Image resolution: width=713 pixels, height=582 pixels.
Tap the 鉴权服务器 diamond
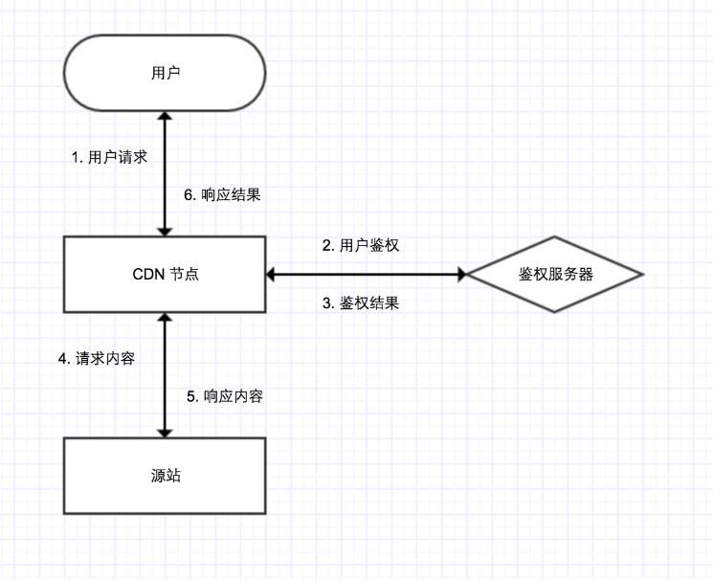tap(553, 275)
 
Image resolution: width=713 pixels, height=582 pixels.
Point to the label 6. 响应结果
tap(222, 194)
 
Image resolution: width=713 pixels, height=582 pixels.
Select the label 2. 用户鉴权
tap(361, 245)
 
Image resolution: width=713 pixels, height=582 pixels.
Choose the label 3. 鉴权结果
tap(361, 303)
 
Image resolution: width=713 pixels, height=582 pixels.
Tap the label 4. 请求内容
tap(97, 359)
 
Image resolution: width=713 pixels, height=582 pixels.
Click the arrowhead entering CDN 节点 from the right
tap(271, 275)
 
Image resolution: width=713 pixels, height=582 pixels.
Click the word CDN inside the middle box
tap(148, 275)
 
